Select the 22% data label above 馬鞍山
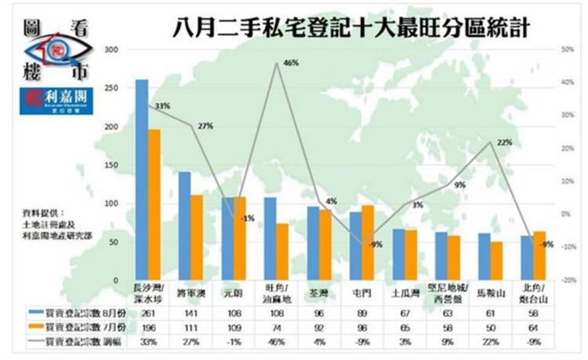pyautogui.click(x=503, y=142)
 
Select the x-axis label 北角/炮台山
pyautogui.click(x=532, y=296)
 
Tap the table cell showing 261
pyautogui.click(x=142, y=313)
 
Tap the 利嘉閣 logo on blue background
pyautogui.click(x=56, y=102)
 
